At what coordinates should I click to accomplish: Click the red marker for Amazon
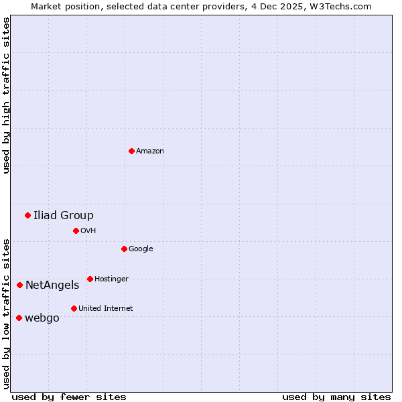(131, 151)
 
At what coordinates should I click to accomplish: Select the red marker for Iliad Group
(27, 215)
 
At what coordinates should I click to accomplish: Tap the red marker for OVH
(76, 230)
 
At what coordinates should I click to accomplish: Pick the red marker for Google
(124, 249)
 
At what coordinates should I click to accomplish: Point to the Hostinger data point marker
(90, 279)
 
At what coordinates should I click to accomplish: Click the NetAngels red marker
(19, 285)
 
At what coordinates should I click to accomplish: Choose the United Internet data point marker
(74, 308)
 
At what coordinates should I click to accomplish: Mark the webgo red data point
(19, 318)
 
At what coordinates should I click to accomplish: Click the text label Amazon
(150, 151)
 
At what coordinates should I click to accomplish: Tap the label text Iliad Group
(64, 215)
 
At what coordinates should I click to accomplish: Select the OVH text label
(88, 231)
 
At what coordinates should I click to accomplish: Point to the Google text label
(141, 249)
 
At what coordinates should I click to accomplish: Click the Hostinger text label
(111, 279)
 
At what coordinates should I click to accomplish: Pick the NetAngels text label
(52, 285)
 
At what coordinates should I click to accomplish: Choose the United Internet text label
(105, 309)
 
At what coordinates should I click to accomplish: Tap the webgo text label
(42, 318)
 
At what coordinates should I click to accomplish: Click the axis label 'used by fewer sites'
(69, 397)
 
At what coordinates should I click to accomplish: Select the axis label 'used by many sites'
(336, 397)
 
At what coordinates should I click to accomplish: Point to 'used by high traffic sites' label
(6, 95)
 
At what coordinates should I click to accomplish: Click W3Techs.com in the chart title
(344, 6)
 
